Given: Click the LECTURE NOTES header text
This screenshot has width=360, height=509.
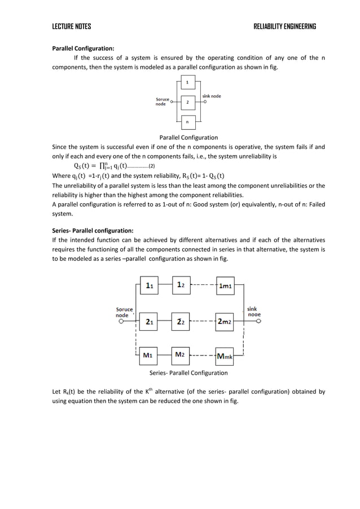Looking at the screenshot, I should click(x=71, y=27).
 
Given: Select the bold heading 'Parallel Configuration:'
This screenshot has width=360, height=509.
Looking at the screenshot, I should click(x=83, y=49).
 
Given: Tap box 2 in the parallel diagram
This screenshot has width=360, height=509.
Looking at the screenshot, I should click(x=187, y=102).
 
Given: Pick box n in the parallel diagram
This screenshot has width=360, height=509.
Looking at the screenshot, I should click(x=187, y=121).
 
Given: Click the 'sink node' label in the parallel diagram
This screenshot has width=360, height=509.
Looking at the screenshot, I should click(x=212, y=96).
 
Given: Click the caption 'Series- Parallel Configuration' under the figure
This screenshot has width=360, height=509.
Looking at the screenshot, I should click(x=188, y=373).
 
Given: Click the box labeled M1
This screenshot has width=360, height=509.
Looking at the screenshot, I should click(x=149, y=356).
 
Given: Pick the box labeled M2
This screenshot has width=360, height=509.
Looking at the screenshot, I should click(x=180, y=356).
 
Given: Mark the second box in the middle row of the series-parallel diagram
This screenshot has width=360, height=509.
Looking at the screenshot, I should click(x=180, y=322).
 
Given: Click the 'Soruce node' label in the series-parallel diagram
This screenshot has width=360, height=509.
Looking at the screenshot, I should click(x=125, y=312).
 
